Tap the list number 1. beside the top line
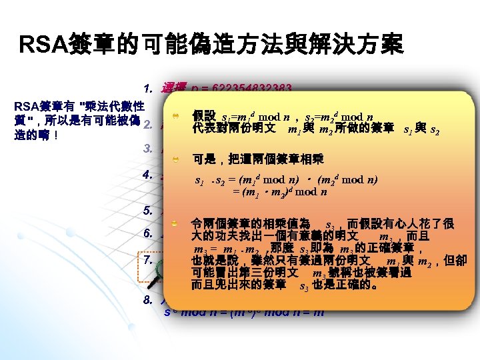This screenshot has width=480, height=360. click(149, 89)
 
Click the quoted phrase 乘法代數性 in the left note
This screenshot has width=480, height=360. click(113, 106)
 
